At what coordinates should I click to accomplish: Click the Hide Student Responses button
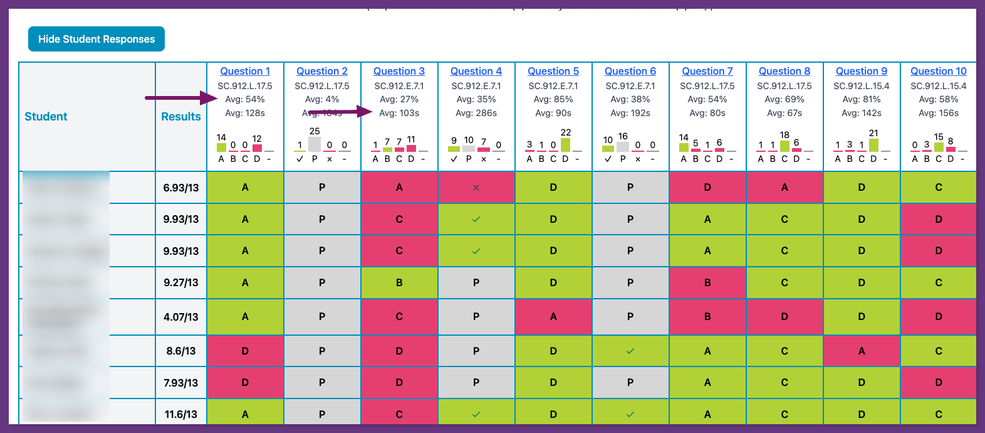pos(96,39)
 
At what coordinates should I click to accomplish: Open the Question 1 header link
pos(245,72)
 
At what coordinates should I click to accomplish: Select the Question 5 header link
pos(553,72)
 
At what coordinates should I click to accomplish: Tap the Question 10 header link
pos(938,72)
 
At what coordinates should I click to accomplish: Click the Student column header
pos(46,117)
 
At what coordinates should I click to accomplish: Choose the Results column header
pos(181,117)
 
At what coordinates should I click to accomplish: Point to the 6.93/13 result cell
pos(181,188)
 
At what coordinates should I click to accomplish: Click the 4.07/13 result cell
pos(181,317)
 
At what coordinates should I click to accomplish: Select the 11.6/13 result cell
pos(181,414)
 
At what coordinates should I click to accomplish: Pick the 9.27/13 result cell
pos(181,282)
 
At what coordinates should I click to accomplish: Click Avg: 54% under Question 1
pos(245,99)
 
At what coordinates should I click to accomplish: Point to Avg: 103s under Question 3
pos(399,113)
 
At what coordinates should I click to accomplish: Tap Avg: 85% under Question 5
pos(553,99)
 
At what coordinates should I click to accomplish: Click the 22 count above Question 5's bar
pos(566,132)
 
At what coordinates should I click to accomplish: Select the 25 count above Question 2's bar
pos(315,131)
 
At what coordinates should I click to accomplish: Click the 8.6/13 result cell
pos(181,351)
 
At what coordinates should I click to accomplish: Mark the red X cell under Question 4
pos(476,188)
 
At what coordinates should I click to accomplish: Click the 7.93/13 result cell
pos(181,383)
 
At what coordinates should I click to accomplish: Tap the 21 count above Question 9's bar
pos(873,133)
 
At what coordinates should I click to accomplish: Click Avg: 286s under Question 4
pos(476,113)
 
